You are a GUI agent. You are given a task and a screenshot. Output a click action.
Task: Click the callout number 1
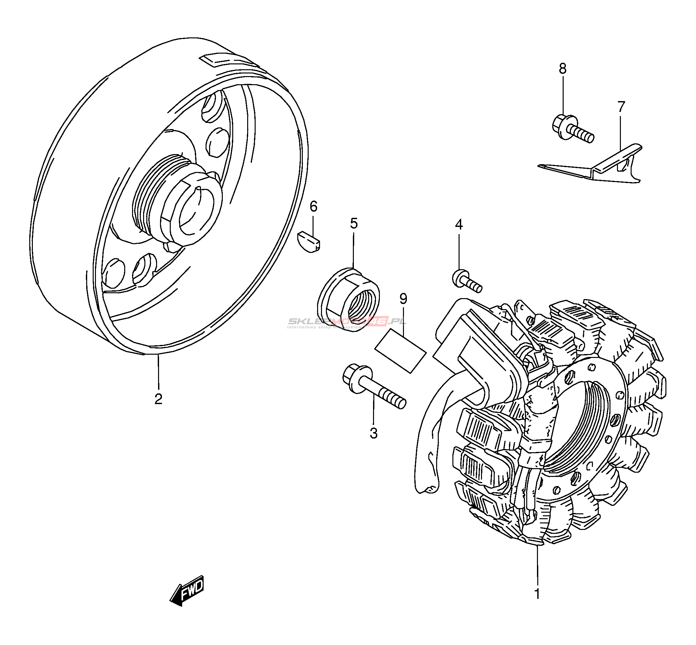pos(537,593)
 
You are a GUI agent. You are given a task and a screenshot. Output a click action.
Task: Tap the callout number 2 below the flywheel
pos(158,399)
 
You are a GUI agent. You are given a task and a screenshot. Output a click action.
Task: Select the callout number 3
pos(373,433)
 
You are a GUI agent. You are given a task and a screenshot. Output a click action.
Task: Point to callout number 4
pos(459,224)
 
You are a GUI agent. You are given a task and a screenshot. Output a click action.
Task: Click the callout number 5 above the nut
pos(354,223)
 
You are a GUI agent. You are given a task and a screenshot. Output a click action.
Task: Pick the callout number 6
pos(313,207)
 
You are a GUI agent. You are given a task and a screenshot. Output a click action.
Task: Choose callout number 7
pos(621,107)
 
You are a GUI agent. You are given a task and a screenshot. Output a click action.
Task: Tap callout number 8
pos(562,69)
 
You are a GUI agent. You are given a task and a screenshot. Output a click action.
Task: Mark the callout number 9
pos(403,299)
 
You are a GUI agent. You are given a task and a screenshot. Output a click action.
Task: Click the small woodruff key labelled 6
pos(309,241)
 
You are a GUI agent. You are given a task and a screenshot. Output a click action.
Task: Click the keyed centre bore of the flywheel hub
pos(195,213)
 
